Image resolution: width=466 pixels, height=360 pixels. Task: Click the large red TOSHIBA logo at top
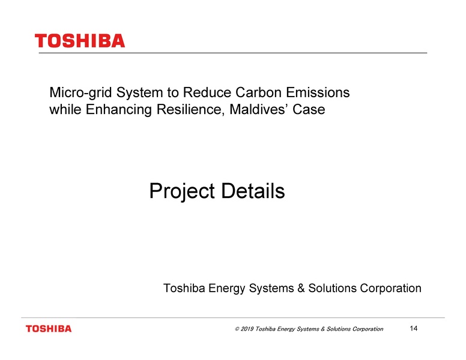[80, 41]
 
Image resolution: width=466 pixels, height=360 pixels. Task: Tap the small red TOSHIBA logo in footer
[48, 328]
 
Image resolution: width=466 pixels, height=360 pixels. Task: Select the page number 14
[413, 328]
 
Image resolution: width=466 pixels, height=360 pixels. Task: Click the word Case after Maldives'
[309, 110]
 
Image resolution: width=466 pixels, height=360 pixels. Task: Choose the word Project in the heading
[182, 192]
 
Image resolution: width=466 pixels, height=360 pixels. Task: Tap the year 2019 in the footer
[246, 329]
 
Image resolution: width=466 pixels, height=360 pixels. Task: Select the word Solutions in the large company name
[332, 289]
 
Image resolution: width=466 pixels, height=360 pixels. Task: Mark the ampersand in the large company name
[302, 289]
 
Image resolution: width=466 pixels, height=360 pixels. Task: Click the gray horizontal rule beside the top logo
[276, 53]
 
